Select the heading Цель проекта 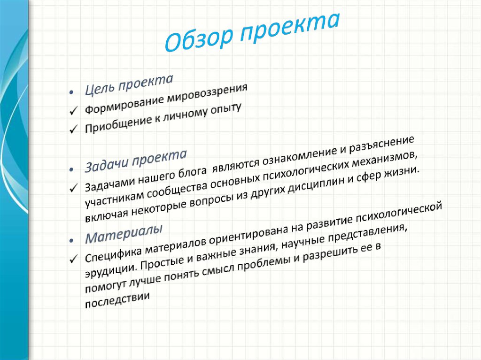coord(129,84)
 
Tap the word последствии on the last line coord(117,301)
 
